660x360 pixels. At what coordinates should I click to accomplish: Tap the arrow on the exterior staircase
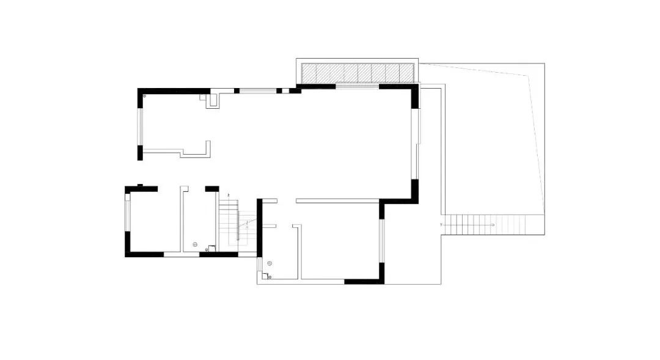pos(491,225)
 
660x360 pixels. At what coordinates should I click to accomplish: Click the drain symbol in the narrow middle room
pos(195,244)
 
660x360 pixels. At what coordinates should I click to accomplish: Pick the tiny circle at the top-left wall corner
pos(144,96)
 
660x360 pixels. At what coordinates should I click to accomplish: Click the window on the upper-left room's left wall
pos(140,127)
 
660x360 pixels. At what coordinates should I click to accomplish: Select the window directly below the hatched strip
pos(357,87)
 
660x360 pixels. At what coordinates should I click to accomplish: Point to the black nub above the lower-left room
pos(140,185)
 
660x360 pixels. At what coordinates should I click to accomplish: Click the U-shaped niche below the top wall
pos(213,100)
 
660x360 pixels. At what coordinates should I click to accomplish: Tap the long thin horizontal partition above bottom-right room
pos(337,200)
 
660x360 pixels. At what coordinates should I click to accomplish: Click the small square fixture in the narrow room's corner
pos(211,248)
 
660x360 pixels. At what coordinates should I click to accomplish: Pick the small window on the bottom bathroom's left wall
pos(259,264)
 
